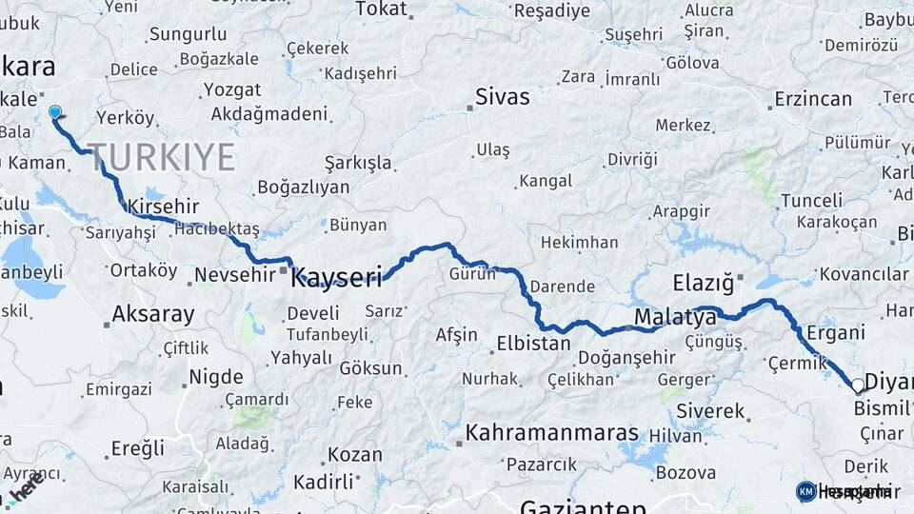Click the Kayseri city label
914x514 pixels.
click(x=336, y=278)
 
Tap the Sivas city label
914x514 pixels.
click(x=503, y=96)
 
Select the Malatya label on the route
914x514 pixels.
click(x=675, y=316)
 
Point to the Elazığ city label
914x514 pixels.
click(x=704, y=283)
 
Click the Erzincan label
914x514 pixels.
click(x=812, y=99)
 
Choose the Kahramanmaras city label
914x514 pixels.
click(x=551, y=433)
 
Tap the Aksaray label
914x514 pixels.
click(x=152, y=314)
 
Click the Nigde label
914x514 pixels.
click(x=216, y=377)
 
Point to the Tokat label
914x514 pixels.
click(x=381, y=10)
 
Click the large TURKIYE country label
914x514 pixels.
click(x=161, y=156)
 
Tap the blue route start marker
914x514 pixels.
click(x=55, y=112)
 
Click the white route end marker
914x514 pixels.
click(x=858, y=385)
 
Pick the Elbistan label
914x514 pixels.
click(x=533, y=344)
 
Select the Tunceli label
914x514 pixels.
click(x=811, y=201)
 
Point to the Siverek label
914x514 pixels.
click(x=710, y=411)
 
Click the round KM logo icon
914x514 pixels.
click(x=805, y=490)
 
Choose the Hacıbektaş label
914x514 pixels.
click(x=217, y=229)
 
